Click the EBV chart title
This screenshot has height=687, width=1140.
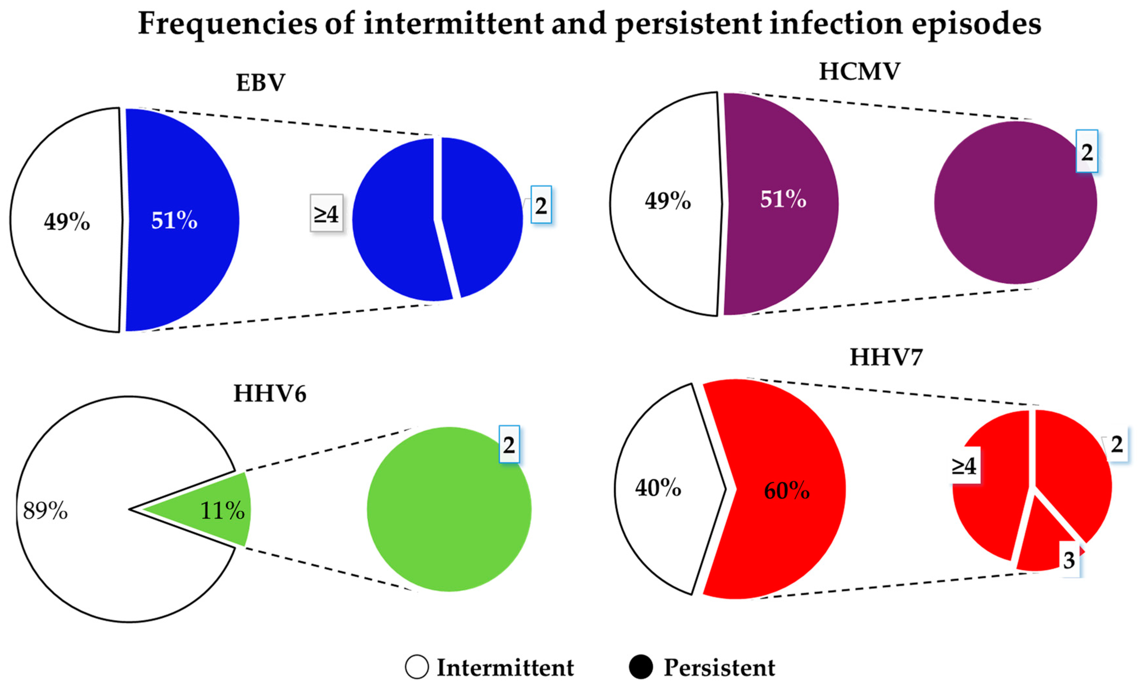(260, 83)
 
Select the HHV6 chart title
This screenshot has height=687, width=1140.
(270, 394)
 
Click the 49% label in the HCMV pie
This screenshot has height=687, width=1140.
(668, 201)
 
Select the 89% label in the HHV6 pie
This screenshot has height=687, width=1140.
(45, 511)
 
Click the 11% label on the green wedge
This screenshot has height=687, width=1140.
(222, 511)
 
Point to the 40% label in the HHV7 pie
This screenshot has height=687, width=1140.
(658, 488)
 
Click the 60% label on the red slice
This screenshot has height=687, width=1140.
(786, 491)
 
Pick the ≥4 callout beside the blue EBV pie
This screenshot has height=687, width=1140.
(326, 214)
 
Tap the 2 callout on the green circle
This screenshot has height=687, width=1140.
(509, 444)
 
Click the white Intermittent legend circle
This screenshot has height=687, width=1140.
(416, 667)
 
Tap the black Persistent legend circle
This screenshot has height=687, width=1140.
(641, 667)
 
